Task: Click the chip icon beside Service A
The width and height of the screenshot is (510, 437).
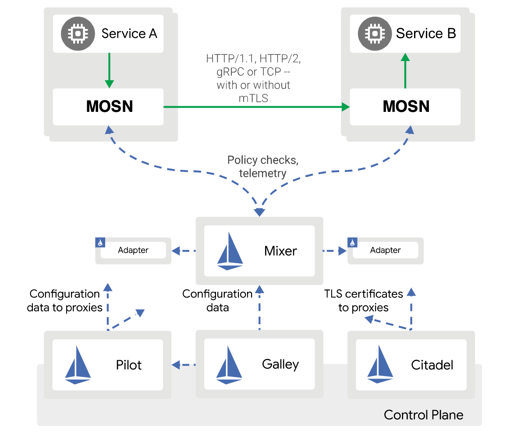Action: pos(77,34)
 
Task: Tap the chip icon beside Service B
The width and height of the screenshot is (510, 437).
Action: pos(374,34)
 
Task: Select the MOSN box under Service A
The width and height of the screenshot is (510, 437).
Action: pos(108,107)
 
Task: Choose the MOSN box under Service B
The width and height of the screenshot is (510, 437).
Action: pos(405,107)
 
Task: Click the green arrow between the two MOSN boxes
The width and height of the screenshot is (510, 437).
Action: pos(256,107)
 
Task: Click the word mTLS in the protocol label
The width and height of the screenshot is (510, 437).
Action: pos(253,98)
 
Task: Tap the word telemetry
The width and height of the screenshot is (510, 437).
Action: pos(262,173)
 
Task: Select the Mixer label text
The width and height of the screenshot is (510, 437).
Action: pos(280,251)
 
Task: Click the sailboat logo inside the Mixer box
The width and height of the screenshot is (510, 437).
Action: pos(230,251)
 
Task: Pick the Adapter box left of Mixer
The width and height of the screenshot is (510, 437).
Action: pos(133,251)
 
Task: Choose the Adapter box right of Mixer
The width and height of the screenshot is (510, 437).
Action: pos(386,251)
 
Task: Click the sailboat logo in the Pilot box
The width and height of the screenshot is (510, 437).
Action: pos(78,365)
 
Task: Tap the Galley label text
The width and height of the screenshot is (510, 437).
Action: pos(280,364)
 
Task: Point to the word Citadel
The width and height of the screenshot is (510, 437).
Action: pos(432,365)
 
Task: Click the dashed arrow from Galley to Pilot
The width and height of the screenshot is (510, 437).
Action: pos(184,364)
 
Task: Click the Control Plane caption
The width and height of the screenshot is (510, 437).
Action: pos(423,415)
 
